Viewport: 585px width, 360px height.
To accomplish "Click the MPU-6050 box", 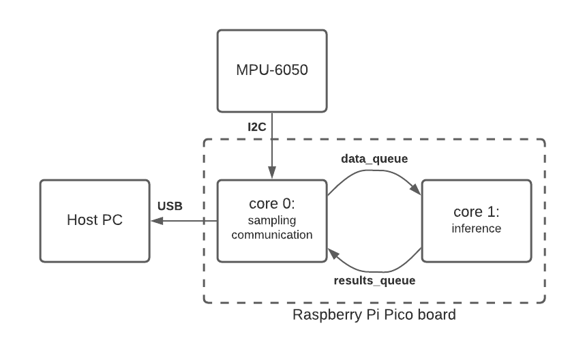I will tap(272, 70).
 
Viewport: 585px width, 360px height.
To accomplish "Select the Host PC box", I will tap(95, 221).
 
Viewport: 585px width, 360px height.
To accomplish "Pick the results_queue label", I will tap(374, 280).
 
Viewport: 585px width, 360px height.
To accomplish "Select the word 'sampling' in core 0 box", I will tap(272, 220).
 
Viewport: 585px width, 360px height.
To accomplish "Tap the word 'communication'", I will tap(272, 235).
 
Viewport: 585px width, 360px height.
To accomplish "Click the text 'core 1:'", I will tap(477, 211).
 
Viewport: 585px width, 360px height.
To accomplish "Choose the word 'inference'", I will tap(477, 228).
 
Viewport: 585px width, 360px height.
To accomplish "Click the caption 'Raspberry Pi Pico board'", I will tap(374, 316).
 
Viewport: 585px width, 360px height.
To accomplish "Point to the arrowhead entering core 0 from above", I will tap(272, 175).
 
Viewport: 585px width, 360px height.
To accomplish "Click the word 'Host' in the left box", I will tap(83, 221).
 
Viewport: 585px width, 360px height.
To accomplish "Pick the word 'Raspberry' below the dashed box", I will tap(325, 316).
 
